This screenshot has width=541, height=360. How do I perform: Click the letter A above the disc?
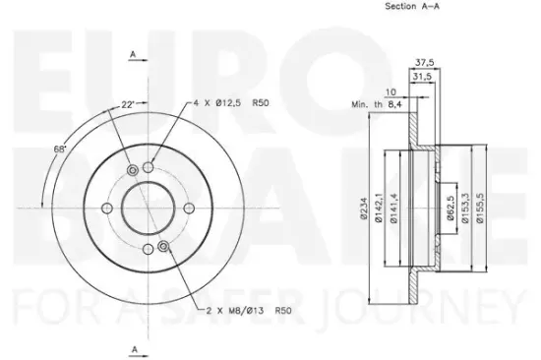[133, 57]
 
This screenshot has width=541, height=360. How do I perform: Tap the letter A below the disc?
[133, 347]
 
